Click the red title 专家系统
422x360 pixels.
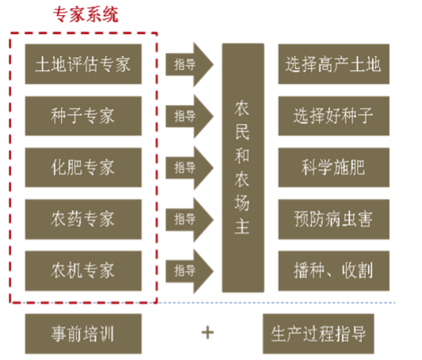[86, 14]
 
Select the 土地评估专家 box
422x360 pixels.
[83, 64]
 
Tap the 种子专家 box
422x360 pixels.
[83, 116]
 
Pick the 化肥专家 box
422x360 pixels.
[83, 167]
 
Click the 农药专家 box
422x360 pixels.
[83, 219]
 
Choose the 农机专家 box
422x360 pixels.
[83, 271]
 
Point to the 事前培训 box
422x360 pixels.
[83, 334]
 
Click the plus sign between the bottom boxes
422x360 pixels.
[207, 333]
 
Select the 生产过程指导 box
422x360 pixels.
[318, 334]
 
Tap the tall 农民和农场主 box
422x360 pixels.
[243, 168]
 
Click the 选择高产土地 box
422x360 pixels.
[334, 64]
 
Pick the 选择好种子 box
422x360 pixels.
[334, 116]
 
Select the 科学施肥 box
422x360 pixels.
[334, 167]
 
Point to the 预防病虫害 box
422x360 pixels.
[334, 219]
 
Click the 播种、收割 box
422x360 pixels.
[334, 271]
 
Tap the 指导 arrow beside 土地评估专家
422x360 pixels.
[188, 65]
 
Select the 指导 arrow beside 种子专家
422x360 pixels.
[188, 116]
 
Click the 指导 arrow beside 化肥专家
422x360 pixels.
[188, 168]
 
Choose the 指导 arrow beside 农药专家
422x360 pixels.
[188, 220]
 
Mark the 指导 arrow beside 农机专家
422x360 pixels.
[188, 271]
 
